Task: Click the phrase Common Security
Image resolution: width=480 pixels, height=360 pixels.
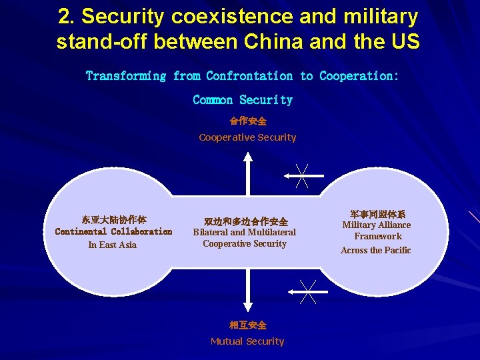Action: click(243, 100)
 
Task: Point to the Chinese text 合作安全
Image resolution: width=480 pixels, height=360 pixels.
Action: click(247, 121)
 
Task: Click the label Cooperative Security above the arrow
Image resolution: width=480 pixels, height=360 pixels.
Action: click(247, 137)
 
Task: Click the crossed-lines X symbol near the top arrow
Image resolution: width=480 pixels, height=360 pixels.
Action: click(301, 175)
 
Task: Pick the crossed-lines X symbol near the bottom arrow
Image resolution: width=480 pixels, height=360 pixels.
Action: click(307, 291)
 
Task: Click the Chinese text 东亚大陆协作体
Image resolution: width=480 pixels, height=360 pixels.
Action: click(114, 219)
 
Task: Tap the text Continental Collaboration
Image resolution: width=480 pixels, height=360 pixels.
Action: click(113, 231)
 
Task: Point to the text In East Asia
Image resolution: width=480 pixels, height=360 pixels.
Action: click(112, 245)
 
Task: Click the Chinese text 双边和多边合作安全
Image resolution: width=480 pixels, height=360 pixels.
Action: click(246, 221)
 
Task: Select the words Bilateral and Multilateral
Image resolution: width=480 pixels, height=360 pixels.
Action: click(244, 232)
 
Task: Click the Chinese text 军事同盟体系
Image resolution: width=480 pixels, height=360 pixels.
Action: click(377, 214)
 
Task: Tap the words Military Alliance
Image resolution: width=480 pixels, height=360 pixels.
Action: click(377, 225)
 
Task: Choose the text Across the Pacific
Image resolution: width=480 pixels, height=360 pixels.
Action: click(375, 250)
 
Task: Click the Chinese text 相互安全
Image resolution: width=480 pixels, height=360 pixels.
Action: click(247, 325)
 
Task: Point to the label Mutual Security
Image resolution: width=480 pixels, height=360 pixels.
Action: click(247, 341)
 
